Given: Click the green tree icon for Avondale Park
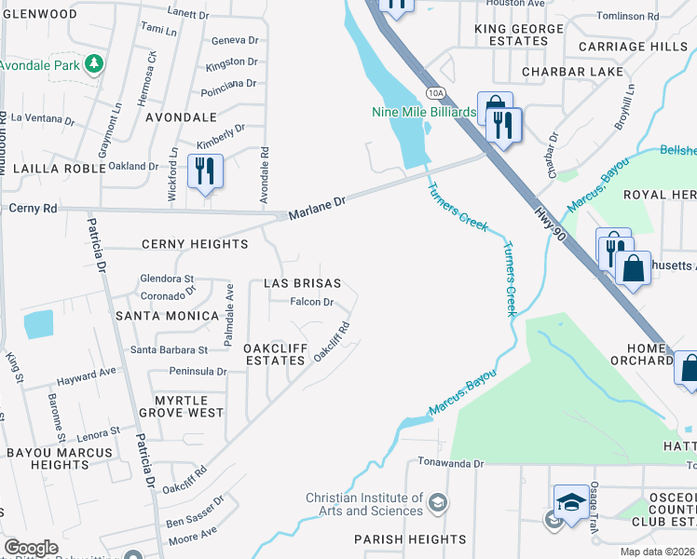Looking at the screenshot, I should click(x=93, y=64).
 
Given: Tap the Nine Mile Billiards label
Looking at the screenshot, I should click(x=424, y=113).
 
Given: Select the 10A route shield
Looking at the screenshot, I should click(x=434, y=92).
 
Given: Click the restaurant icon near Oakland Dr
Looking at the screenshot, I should click(x=204, y=171).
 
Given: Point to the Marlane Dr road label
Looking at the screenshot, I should click(x=317, y=202).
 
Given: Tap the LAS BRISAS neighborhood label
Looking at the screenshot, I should click(x=302, y=283).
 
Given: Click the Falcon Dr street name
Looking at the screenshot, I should click(x=312, y=302).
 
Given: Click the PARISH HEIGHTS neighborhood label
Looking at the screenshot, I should click(x=410, y=539).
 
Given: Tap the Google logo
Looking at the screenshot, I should click(x=31, y=547).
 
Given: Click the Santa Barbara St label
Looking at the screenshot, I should click(x=169, y=350).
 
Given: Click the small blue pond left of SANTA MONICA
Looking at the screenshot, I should click(x=39, y=324).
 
